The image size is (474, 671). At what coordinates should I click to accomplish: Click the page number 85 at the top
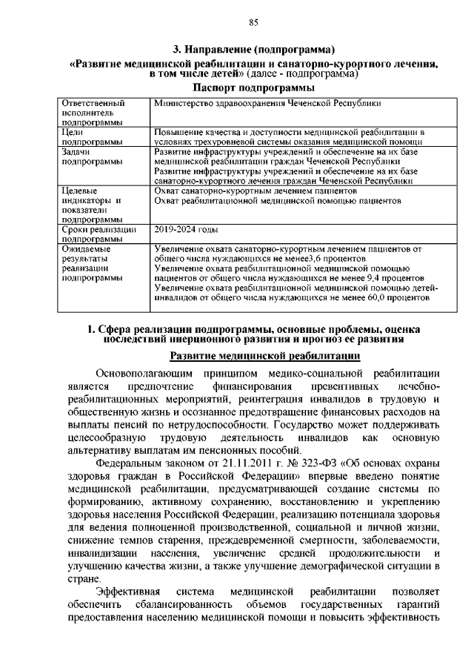[253, 23]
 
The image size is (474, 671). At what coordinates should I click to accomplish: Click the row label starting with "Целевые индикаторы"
[90, 205]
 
